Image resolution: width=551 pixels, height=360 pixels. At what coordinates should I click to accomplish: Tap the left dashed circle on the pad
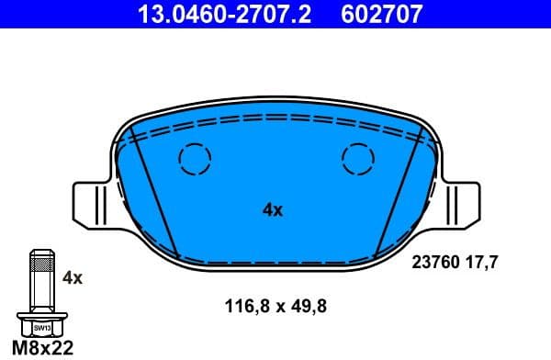194,160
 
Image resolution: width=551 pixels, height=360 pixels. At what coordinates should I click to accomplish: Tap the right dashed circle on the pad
357,160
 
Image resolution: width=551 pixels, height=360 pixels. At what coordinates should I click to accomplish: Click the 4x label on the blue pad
272,209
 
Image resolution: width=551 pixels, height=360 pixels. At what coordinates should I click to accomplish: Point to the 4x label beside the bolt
72,276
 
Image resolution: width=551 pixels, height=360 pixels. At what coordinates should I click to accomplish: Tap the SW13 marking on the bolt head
42,326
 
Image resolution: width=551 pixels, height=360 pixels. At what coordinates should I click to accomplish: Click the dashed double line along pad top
275,121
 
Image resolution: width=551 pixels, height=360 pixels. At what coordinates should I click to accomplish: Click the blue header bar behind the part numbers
496,15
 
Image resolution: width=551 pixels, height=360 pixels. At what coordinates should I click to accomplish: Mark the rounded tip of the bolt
42,253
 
